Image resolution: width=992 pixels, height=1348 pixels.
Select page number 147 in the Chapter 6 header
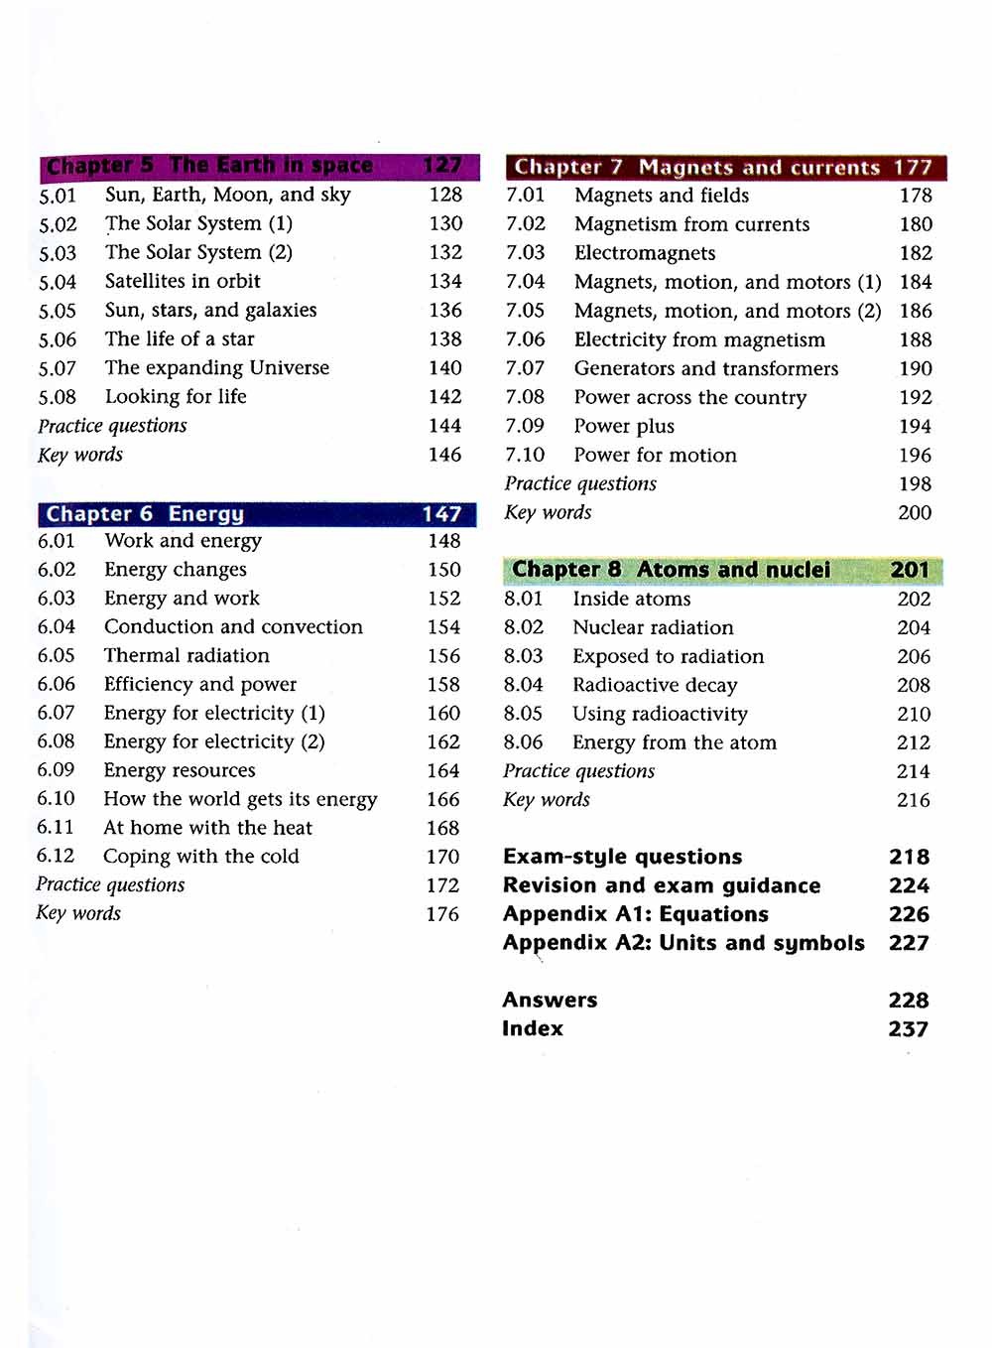[441, 514]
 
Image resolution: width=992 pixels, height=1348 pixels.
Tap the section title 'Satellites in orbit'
[183, 281]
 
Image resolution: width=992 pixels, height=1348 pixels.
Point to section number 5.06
[58, 339]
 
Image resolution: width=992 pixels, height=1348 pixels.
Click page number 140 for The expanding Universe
[445, 368]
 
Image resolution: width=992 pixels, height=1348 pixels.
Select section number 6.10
[56, 799]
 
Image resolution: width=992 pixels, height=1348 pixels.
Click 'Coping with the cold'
[200, 857]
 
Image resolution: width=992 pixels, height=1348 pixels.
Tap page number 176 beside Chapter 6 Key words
[442, 914]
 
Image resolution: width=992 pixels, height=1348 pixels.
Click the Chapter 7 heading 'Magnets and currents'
[759, 168]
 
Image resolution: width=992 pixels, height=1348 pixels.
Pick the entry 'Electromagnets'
[645, 253]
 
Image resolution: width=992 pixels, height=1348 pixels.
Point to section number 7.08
[525, 397]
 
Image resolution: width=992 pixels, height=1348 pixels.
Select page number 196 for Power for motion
[915, 456]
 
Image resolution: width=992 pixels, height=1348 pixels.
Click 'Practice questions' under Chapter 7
[580, 484]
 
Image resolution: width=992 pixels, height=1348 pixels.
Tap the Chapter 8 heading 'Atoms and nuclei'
[733, 570]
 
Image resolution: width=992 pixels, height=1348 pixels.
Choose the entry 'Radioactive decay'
[655, 686]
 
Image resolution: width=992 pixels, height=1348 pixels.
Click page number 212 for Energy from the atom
[914, 743]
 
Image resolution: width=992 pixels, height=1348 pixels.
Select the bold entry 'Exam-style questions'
[622, 857]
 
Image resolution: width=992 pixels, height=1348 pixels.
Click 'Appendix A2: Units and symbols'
[683, 943]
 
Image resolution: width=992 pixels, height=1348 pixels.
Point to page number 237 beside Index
[908, 1029]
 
